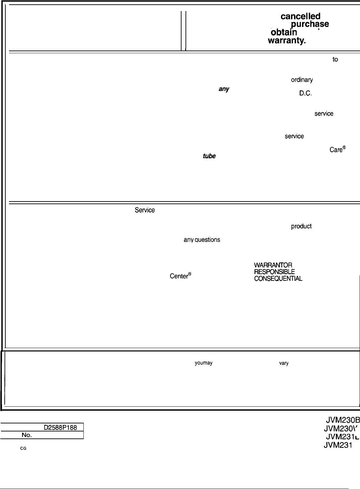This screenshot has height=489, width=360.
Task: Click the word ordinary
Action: (x=302, y=80)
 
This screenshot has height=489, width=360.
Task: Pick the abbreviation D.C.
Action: (x=305, y=93)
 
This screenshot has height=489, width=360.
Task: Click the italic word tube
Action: (x=209, y=156)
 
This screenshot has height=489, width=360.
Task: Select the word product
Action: (x=301, y=226)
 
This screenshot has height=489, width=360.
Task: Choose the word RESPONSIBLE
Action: (x=274, y=272)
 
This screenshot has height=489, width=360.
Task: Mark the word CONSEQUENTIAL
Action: (x=278, y=278)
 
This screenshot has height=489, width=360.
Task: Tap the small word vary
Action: (x=284, y=363)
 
